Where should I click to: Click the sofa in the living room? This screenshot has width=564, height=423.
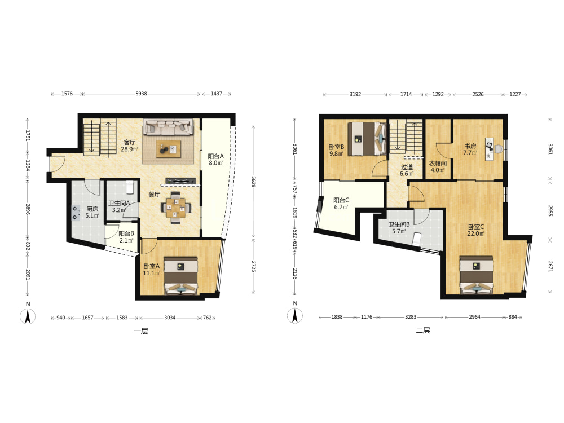click(168, 126)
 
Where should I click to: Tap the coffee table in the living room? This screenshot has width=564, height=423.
click(168, 148)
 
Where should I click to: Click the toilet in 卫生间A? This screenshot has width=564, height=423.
click(130, 187)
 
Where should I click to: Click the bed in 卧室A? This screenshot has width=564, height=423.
click(181, 276)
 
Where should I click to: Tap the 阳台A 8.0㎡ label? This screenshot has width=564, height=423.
click(216, 160)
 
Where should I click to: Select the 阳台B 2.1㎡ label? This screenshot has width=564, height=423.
click(126, 237)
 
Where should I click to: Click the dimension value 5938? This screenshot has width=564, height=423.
click(141, 94)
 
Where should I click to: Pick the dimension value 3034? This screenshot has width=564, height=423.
click(170, 318)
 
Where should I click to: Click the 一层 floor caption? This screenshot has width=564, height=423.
click(141, 331)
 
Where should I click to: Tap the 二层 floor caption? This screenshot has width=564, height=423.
click(423, 331)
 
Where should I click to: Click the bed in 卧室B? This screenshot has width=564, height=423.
click(367, 139)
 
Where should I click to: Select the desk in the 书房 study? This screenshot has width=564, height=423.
click(493, 148)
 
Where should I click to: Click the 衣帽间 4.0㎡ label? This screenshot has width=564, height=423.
click(438, 166)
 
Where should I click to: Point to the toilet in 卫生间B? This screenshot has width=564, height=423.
click(417, 239)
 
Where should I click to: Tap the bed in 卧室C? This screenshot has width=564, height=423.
click(477, 275)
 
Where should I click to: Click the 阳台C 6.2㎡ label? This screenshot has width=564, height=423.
click(341, 204)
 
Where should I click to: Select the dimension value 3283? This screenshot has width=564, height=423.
click(411, 317)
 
